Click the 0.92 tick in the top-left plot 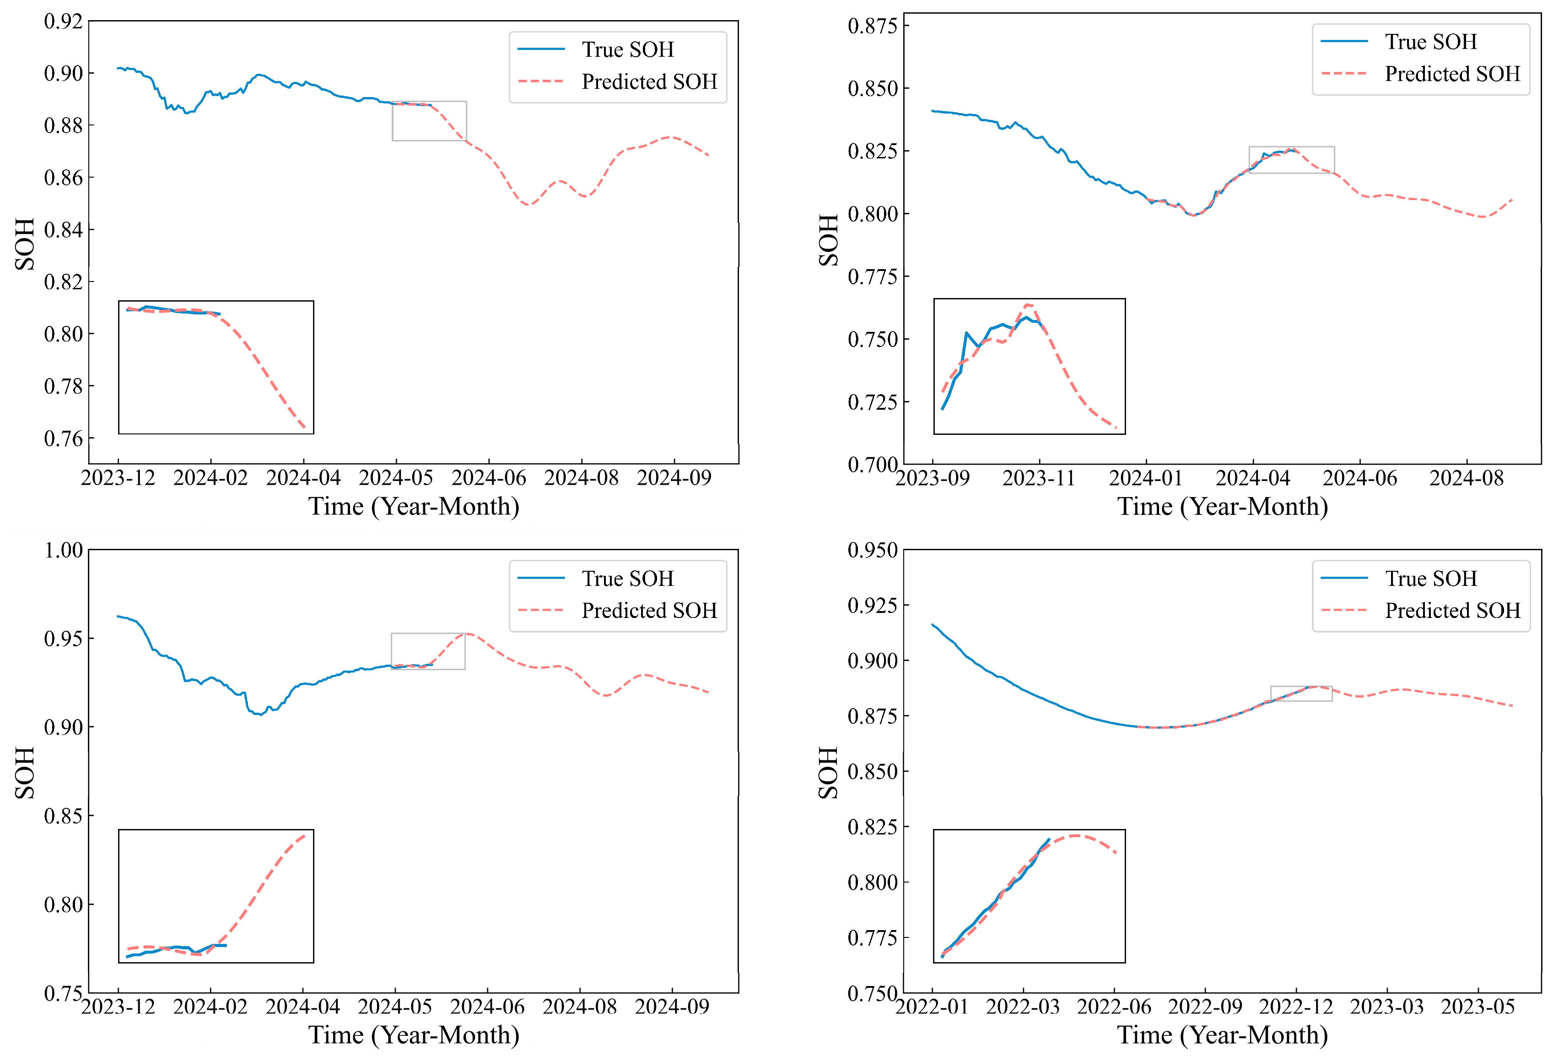(x=64, y=22)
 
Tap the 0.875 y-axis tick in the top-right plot (x=872, y=26)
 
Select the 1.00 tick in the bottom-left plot (x=64, y=551)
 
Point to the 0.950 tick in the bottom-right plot (x=872, y=551)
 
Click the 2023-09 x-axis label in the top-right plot (x=933, y=478)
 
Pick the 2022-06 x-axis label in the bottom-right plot (x=1114, y=1007)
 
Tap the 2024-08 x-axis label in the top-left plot (x=582, y=478)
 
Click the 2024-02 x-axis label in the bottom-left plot (x=210, y=1007)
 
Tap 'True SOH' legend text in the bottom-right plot (x=1431, y=578)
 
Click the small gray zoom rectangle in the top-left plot (x=392, y=121)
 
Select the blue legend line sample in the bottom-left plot (x=541, y=578)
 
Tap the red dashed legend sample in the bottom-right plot (x=1344, y=610)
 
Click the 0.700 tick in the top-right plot (x=872, y=465)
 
